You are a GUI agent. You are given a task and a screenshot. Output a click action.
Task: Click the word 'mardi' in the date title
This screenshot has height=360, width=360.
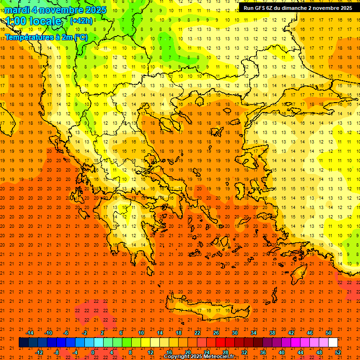[17, 10]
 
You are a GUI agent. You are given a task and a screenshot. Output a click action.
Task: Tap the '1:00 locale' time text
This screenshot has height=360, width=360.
[33, 21]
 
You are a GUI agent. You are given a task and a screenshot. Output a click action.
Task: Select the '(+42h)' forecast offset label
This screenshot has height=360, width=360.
[81, 21]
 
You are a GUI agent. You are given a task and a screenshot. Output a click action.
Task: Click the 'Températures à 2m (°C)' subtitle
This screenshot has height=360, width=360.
[46, 37]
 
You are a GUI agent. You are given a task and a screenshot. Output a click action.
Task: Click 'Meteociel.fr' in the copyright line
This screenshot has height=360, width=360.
[217, 357]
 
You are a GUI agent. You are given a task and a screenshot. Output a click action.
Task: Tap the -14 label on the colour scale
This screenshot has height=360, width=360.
[30, 333]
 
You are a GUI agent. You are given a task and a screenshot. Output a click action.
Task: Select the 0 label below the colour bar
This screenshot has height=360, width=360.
[92, 352]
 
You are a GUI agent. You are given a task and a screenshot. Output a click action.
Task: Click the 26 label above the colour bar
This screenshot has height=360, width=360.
[216, 333]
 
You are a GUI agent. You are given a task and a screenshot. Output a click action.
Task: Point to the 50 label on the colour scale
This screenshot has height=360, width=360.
[329, 333]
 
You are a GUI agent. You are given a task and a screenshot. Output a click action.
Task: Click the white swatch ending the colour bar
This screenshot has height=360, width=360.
[333, 343]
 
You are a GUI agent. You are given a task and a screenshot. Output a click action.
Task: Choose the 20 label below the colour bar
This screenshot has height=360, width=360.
[187, 352]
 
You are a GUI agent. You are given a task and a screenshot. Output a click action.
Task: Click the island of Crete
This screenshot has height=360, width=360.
[206, 309]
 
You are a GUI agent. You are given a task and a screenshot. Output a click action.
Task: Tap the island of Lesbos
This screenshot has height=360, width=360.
[249, 159]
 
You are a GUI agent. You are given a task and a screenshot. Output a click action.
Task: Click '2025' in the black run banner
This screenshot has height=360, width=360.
[345, 8]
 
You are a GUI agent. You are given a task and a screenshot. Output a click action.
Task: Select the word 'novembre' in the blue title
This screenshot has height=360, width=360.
[61, 10]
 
